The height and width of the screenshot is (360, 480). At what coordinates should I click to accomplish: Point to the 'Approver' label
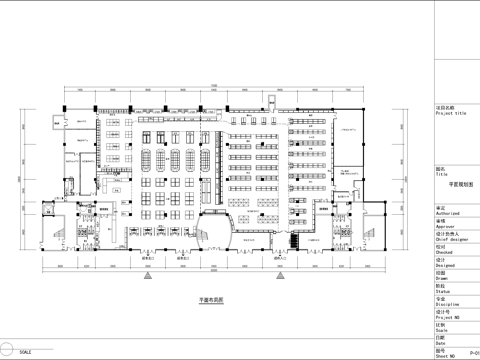(x=444, y=227)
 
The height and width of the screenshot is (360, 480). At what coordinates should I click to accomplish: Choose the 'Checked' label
(x=443, y=253)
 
